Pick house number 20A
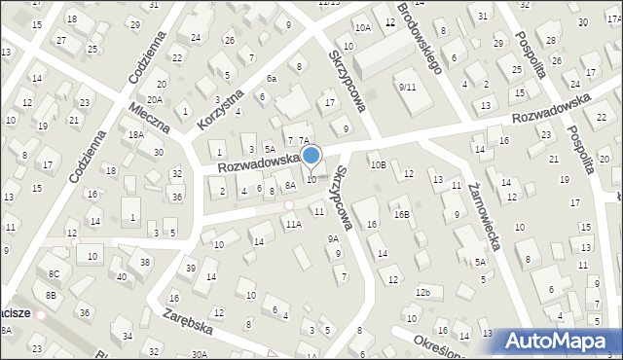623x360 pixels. [154, 99]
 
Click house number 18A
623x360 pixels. [135, 136]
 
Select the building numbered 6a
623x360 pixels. [272, 78]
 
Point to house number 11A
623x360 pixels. [293, 224]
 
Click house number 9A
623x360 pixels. [333, 238]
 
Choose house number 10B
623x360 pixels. [378, 165]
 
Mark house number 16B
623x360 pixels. [401, 214]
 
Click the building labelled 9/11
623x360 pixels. [407, 87]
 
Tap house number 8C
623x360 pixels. [55, 274]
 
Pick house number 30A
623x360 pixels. [200, 355]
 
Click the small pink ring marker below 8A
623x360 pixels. [288, 204]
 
